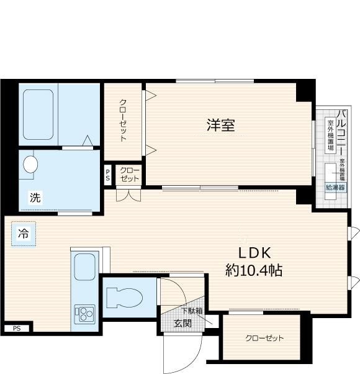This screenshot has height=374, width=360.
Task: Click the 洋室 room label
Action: [220, 125]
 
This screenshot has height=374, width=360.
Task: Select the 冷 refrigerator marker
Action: [23, 234]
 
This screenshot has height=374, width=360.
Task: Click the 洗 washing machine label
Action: [35, 198]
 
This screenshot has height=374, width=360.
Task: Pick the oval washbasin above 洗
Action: [30, 165]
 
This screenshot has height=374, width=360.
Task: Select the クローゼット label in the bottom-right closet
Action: [264, 339]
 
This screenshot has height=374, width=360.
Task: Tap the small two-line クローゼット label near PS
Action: [129, 175]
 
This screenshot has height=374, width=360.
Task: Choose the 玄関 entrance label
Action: [182, 323]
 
